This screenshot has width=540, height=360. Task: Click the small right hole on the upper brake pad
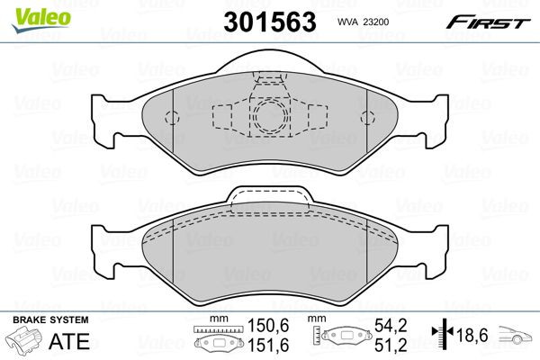pyautogui.click(x=366, y=116)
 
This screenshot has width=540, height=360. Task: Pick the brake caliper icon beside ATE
pyautogui.click(x=23, y=343)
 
